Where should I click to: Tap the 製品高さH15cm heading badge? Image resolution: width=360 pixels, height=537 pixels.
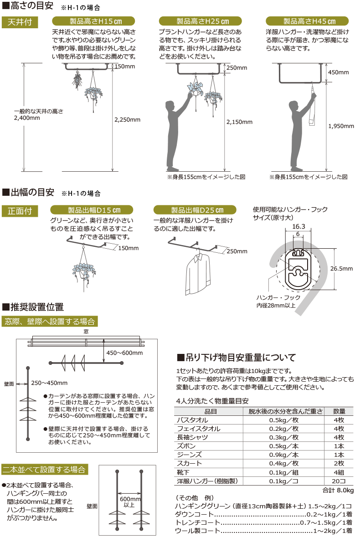[x=93, y=21]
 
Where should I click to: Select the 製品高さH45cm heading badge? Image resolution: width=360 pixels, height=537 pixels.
[x=307, y=21]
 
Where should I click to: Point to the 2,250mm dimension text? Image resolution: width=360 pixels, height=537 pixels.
[x=127, y=120]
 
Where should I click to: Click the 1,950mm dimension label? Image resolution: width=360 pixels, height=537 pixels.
[x=341, y=126]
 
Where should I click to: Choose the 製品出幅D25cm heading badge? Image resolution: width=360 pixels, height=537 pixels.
[x=195, y=210]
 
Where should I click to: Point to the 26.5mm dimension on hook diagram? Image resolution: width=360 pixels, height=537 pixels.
[x=342, y=269]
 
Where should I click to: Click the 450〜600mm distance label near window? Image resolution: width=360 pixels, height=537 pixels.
[x=124, y=353]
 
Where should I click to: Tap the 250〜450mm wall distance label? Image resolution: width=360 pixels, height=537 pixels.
[x=50, y=382]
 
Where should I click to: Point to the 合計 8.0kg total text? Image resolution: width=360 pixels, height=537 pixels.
[x=338, y=490]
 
